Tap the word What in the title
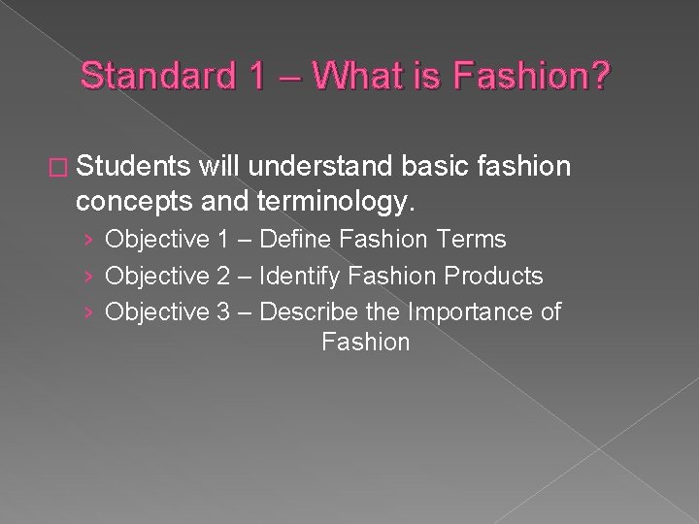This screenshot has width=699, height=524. [x=346, y=77]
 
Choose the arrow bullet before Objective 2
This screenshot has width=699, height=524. [x=88, y=277]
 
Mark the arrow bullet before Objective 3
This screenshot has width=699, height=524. [x=88, y=312]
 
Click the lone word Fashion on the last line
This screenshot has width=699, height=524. [x=365, y=343]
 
